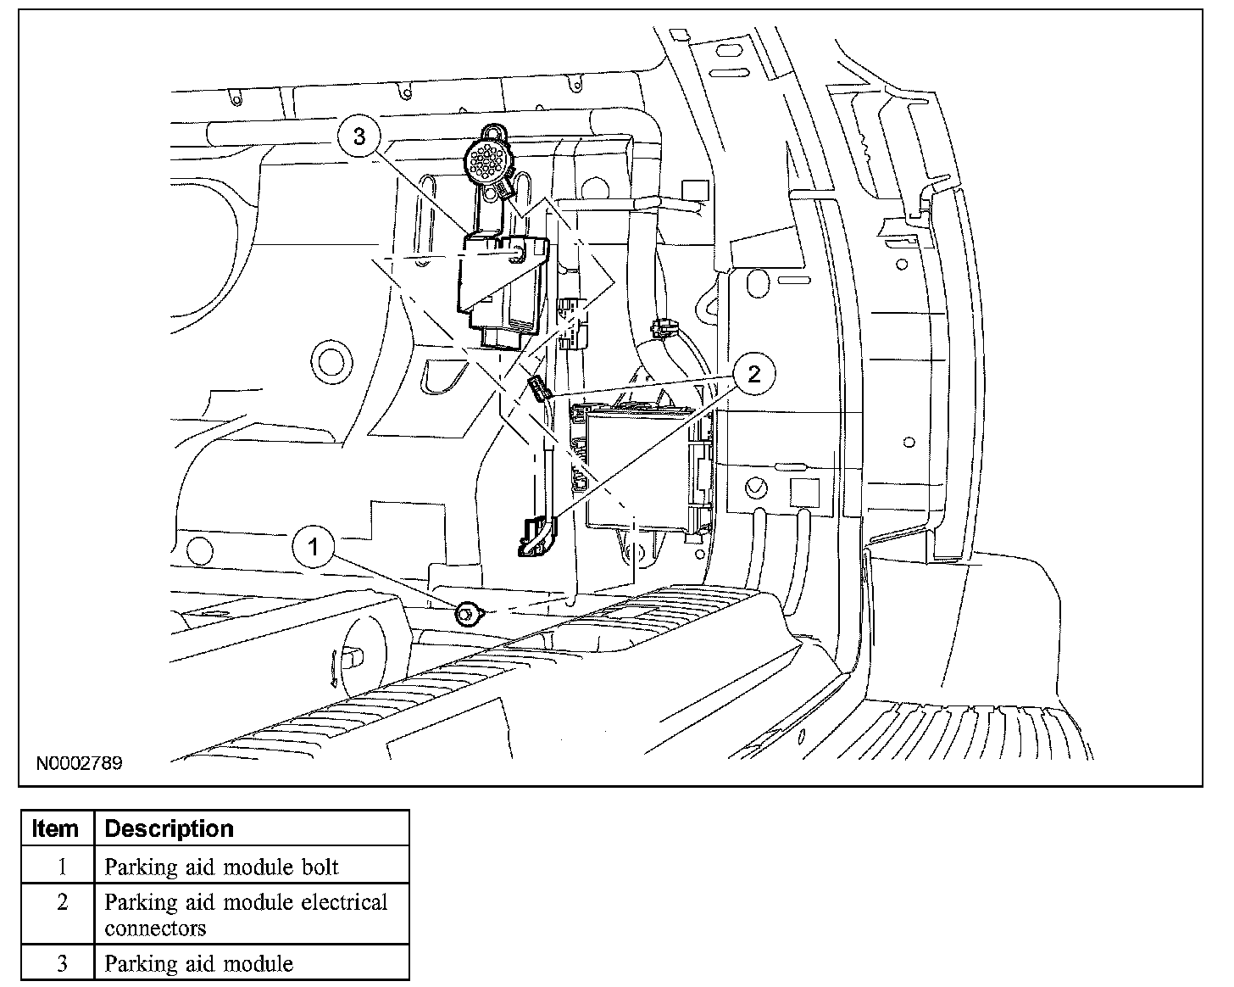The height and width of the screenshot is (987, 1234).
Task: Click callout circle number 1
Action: tap(314, 547)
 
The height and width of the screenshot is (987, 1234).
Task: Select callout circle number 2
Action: tap(754, 374)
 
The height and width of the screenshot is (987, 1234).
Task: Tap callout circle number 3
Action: tap(359, 137)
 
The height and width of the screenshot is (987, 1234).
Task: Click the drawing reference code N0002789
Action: tap(79, 763)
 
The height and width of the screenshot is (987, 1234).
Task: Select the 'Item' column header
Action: tap(56, 828)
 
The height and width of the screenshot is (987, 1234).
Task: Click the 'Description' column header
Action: tap(169, 828)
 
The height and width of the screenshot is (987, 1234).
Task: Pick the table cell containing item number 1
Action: tap(61, 867)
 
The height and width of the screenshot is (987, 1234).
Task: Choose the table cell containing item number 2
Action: tap(61, 903)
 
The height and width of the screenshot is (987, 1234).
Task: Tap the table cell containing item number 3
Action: tap(61, 963)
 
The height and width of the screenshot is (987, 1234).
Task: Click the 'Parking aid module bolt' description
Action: tap(221, 867)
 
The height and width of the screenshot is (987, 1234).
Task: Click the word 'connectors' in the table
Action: tap(155, 928)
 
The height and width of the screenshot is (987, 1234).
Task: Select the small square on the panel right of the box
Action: tap(804, 492)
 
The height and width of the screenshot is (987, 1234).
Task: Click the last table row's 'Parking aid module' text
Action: tap(198, 963)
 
